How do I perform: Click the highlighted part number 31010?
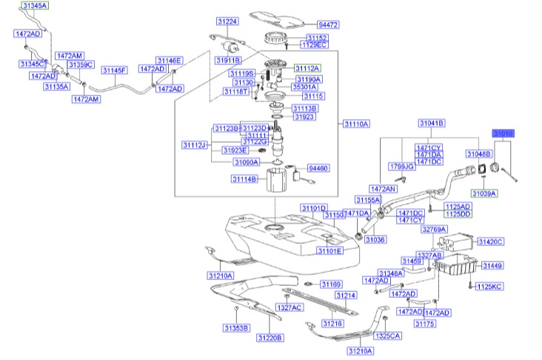click(x=503, y=133)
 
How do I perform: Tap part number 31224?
click(x=227, y=21)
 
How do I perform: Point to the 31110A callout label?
click(x=356, y=124)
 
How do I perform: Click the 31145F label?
click(x=115, y=70)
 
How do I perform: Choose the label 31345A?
click(x=33, y=6)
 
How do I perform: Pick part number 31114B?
click(x=244, y=179)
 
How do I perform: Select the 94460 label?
click(x=318, y=169)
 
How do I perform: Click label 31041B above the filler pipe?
click(x=431, y=123)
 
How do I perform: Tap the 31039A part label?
click(x=486, y=193)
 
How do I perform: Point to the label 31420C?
click(x=490, y=241)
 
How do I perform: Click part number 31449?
click(x=492, y=265)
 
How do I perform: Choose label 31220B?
click(x=270, y=339)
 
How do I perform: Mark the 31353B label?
click(x=236, y=327)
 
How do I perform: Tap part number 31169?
click(x=331, y=284)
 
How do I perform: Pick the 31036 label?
click(x=376, y=239)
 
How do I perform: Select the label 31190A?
click(x=309, y=79)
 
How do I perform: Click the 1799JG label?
click(x=401, y=167)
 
